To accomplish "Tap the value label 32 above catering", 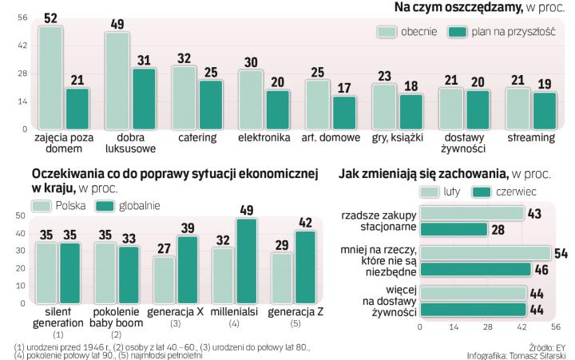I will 184,58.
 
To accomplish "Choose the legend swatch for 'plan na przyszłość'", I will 458,31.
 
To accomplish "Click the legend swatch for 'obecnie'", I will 388,31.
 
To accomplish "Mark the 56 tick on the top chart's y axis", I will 22,18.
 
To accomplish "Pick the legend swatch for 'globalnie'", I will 105,206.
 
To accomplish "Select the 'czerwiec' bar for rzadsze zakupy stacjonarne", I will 454,230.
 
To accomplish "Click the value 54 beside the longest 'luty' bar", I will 562,253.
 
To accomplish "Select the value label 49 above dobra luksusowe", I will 116,24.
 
